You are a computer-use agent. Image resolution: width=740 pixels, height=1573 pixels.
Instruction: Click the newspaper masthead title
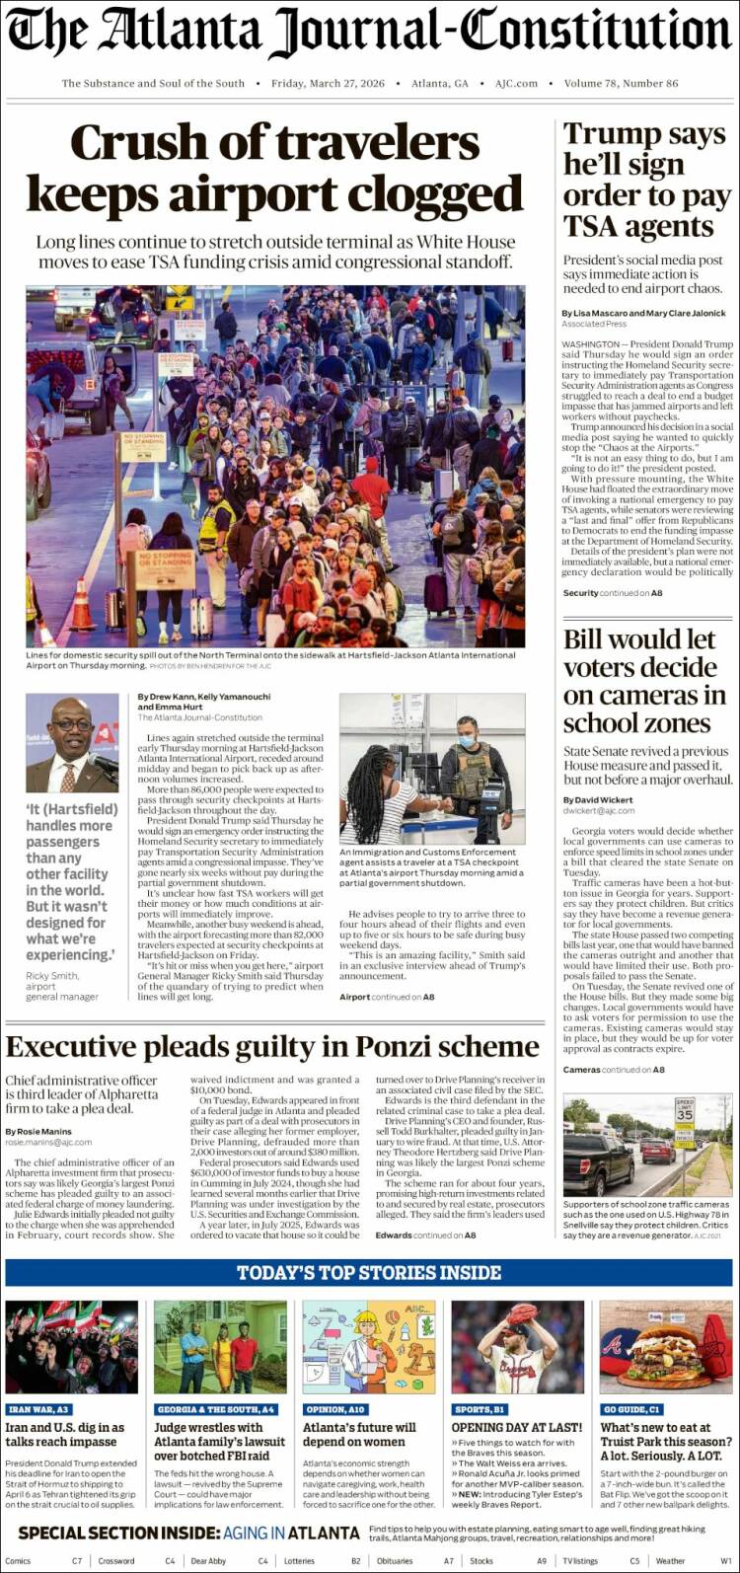point(369,32)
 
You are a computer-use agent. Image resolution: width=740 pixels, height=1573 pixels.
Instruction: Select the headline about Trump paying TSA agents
point(646,181)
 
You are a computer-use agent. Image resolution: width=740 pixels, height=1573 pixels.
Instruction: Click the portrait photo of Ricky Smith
point(72,743)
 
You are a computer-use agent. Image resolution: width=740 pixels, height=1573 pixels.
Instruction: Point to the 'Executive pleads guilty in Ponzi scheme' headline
point(271,1047)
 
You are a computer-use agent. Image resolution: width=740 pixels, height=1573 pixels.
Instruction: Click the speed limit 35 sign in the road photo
point(685,1110)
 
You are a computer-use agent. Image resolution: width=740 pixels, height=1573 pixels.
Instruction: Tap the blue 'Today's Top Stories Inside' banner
point(369,1273)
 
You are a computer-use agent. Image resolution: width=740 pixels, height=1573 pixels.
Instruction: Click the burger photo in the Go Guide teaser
point(666,1347)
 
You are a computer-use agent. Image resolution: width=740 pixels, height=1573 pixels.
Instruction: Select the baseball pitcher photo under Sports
point(517,1347)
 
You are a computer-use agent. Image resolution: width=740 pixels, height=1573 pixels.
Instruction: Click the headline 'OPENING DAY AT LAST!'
point(517,1428)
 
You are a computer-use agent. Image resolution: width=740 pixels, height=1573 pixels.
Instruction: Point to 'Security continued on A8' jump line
point(613,593)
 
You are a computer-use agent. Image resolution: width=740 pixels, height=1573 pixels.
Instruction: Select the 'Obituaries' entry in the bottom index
point(395,1561)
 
